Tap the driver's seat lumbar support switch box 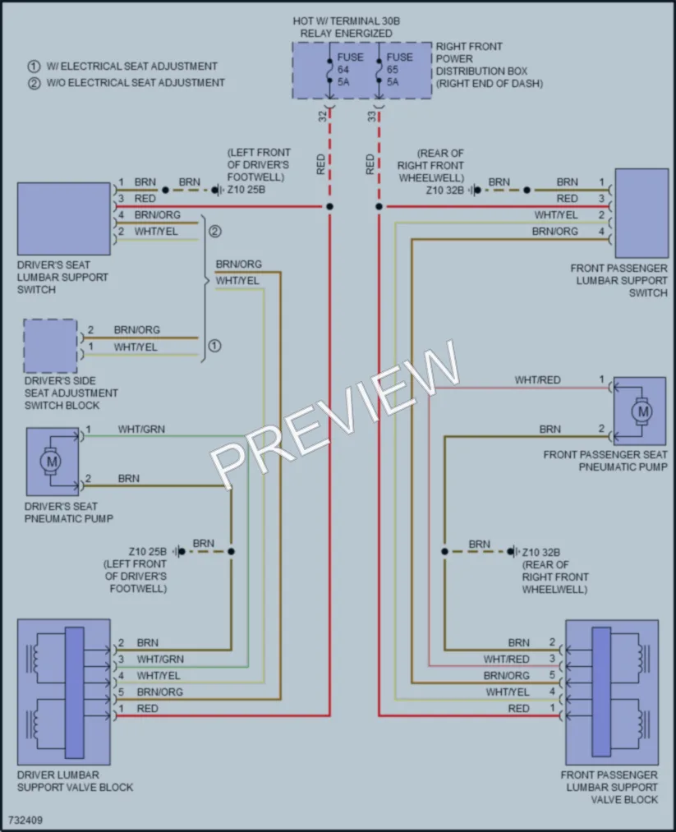[64, 219]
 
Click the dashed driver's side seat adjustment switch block [50, 346]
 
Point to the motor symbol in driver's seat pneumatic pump [52, 462]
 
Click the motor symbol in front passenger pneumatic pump [643, 411]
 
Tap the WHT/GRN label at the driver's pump [141, 430]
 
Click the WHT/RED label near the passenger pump [537, 380]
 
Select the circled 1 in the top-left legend [34, 67]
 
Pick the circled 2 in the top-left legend [34, 83]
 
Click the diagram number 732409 [25, 821]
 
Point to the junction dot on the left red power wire [329, 206]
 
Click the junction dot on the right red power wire [379, 206]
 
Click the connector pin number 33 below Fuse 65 [372, 116]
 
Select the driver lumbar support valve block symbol [64, 692]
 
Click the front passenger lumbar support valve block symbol [612, 692]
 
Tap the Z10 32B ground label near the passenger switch [444, 190]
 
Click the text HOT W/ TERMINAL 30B [347, 21]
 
